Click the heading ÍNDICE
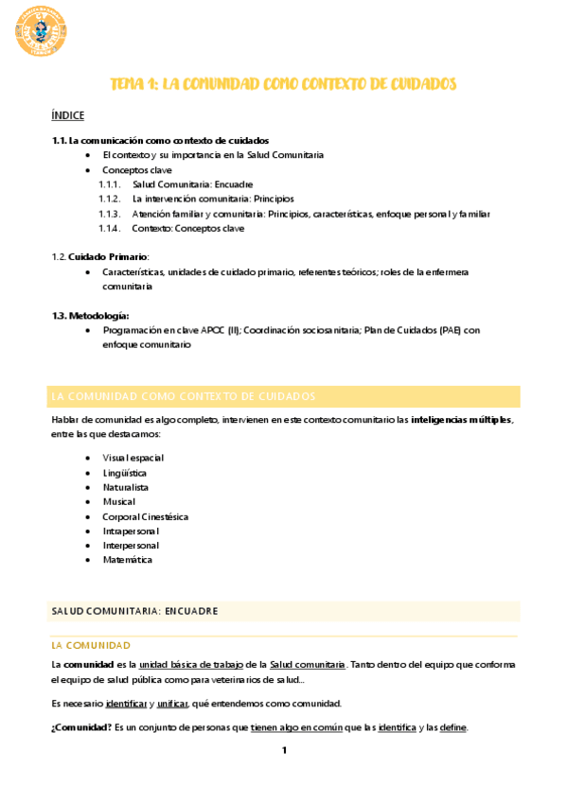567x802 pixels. coord(67,115)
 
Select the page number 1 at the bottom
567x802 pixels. coord(283,751)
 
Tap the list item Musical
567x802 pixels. coord(119,501)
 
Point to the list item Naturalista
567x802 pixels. coord(126,487)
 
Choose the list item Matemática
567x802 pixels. coord(127,560)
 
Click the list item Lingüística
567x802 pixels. coord(124,472)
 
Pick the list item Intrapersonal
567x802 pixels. coord(131,531)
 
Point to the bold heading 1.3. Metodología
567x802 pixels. coord(90,315)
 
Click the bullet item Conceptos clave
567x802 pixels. coord(137,170)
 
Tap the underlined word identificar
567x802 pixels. coord(126,703)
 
